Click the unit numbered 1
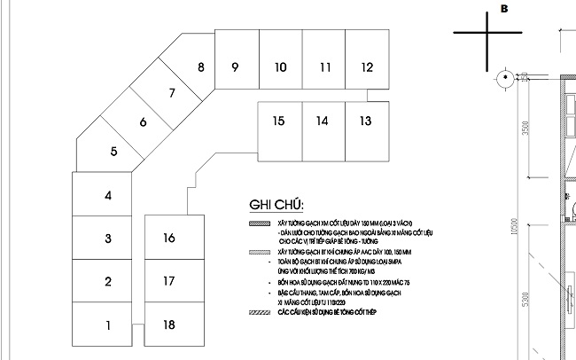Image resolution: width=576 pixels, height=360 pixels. click(107, 326)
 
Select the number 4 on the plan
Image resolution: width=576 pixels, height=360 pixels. click(107, 196)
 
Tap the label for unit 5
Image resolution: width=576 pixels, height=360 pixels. click(114, 151)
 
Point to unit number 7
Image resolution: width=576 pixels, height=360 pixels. click(172, 93)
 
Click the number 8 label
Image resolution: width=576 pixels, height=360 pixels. click(201, 67)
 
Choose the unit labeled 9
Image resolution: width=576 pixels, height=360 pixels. click(235, 67)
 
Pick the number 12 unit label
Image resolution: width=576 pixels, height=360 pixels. click(368, 67)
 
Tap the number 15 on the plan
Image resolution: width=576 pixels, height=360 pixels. click(278, 121)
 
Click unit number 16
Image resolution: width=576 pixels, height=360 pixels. click(169, 238)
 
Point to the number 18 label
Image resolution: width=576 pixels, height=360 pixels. click(169, 325)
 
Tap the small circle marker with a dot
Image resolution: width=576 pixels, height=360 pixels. click(504, 77)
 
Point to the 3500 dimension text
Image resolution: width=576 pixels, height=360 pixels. click(525, 130)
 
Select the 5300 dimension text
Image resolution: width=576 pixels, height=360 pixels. click(525, 315)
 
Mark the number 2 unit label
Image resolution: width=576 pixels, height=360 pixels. click(107, 282)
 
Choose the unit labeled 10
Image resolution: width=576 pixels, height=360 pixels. click(279, 67)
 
